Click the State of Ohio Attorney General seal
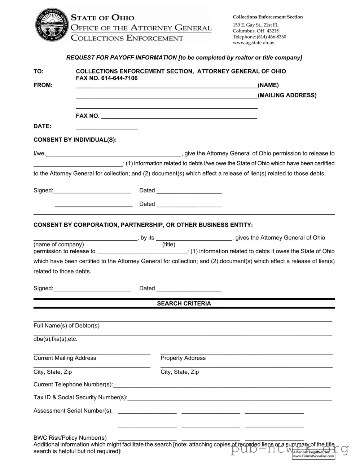pyautogui.click(x=52, y=26)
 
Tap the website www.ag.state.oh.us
pyautogui.click(x=253, y=43)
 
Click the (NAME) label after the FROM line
pyautogui.click(x=268, y=85)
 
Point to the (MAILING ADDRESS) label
pyautogui.click(x=287, y=95)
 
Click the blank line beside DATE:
pyautogui.click(x=106, y=127)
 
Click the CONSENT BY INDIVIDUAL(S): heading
pyautogui.click(x=75, y=140)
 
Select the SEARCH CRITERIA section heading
pyautogui.click(x=184, y=304)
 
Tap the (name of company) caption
pyautogui.click(x=58, y=245)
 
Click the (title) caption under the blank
pyautogui.click(x=169, y=245)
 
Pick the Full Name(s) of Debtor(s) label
pyautogui.click(x=66, y=326)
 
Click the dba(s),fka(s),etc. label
pyautogui.click(x=55, y=339)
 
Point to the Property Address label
pyautogui.click(x=183, y=358)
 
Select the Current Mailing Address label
pyautogui.click(x=65, y=358)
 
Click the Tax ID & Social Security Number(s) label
pyautogui.click(x=80, y=397)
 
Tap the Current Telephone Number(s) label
pyautogui.click(x=73, y=384)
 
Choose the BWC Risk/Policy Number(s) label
pyautogui.click(x=70, y=438)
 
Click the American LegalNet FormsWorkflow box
pyautogui.click(x=313, y=454)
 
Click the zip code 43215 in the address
pyautogui.click(x=272, y=31)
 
